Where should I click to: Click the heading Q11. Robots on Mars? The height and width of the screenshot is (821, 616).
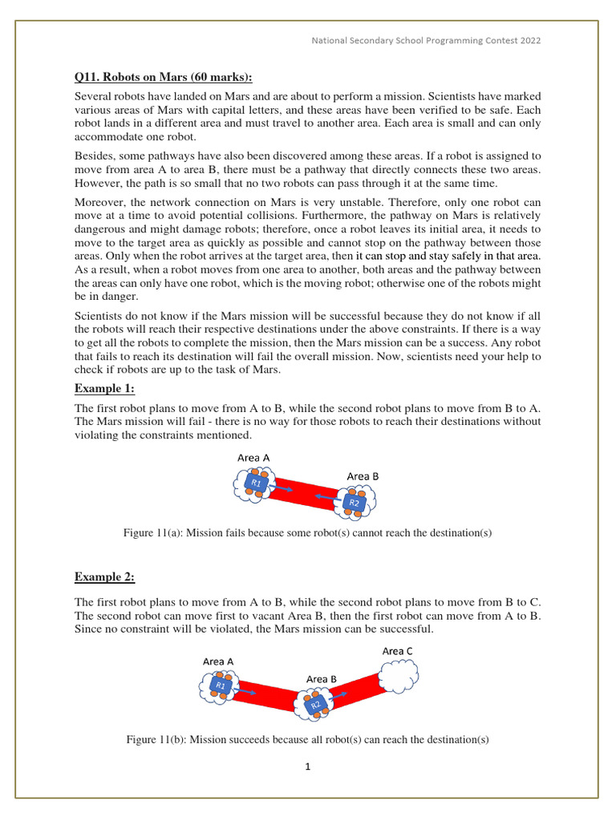tap(163, 77)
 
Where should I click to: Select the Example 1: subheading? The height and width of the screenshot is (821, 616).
tap(105, 388)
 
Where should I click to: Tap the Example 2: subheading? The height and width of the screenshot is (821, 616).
tap(105, 576)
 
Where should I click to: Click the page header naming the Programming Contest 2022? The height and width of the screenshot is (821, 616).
tap(426, 41)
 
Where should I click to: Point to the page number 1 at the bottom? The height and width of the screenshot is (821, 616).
tap(308, 766)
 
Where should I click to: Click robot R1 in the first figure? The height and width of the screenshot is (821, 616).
tap(256, 483)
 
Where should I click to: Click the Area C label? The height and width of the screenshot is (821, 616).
tap(397, 651)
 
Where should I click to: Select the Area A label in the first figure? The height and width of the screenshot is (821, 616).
tap(253, 457)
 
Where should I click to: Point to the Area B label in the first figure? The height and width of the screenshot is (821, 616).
tap(363, 476)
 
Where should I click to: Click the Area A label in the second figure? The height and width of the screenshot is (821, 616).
tap(218, 661)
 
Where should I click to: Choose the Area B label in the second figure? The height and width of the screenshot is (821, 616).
tap(321, 679)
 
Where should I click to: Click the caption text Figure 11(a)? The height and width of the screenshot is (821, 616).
tap(307, 533)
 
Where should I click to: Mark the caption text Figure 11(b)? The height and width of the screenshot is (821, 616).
tap(307, 739)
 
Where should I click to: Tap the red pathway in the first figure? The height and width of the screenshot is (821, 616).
tap(303, 494)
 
